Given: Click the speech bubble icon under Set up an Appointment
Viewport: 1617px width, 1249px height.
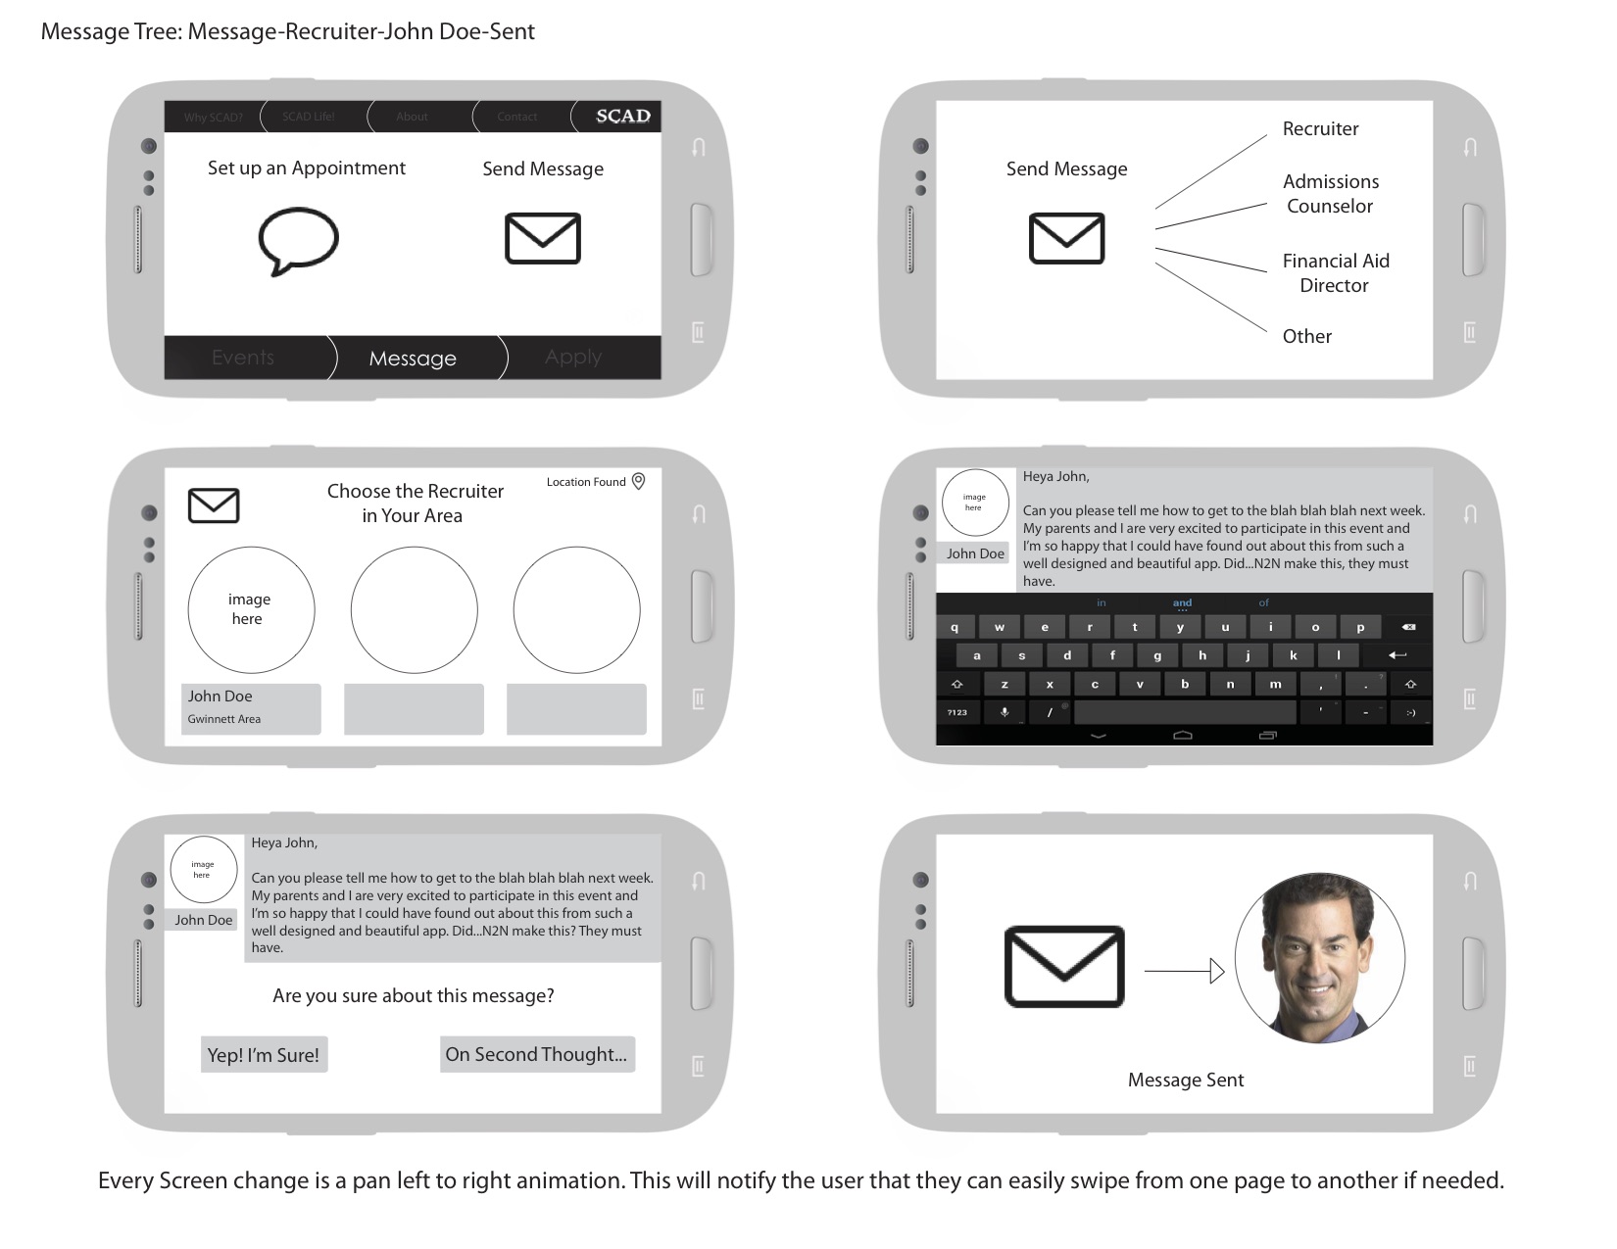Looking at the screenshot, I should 298,239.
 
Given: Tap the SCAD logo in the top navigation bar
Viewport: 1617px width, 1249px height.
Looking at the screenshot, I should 622,116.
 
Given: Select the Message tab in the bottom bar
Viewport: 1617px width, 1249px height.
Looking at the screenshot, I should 413,359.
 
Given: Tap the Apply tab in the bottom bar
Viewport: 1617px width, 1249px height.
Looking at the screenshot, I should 573,358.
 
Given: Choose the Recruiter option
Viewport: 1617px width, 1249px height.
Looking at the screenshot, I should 1320,129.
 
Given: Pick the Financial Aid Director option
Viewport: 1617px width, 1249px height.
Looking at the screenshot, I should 1335,273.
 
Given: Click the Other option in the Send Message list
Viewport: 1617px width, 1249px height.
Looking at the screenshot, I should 1306,337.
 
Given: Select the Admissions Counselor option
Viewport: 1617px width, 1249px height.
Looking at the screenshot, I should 1330,194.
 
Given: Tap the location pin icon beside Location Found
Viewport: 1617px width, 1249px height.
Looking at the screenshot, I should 638,481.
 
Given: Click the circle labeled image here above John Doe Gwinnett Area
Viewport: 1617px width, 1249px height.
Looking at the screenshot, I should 251,609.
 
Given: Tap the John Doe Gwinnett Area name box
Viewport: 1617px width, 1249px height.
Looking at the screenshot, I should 251,708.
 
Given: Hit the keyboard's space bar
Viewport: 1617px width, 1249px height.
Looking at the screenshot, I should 1184,712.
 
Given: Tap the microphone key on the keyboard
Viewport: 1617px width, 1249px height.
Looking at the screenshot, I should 1004,712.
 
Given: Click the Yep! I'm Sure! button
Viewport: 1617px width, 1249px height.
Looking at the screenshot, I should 264,1055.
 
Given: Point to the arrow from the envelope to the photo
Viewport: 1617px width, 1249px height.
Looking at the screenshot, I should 1184,971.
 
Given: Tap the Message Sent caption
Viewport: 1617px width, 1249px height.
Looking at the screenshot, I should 1185,1081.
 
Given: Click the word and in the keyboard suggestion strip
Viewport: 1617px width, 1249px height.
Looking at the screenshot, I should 1182,602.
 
